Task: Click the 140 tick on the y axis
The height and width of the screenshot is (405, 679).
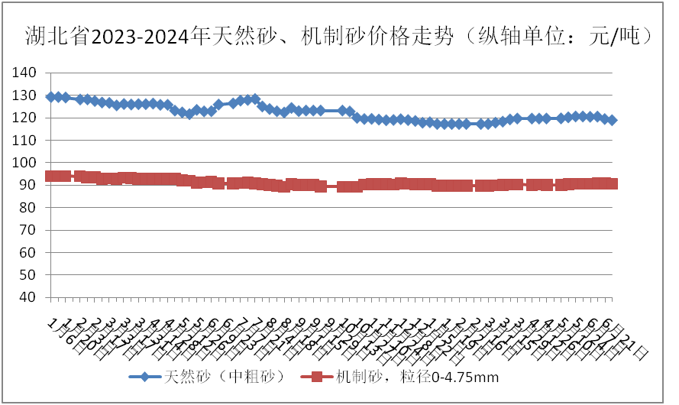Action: coord(25,73)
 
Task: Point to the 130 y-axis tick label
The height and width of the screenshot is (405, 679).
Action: coord(25,96)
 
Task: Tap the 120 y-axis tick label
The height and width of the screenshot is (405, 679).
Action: coord(25,118)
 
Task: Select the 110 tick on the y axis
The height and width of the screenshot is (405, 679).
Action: coord(25,140)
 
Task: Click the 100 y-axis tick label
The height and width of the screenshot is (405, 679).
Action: coord(25,163)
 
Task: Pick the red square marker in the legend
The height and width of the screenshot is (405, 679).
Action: coord(320,377)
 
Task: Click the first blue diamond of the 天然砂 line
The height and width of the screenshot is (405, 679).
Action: coord(51,97)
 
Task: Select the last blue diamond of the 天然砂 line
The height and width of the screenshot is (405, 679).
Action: coord(612,120)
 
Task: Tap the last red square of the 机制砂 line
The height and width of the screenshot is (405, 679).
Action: coord(612,183)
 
